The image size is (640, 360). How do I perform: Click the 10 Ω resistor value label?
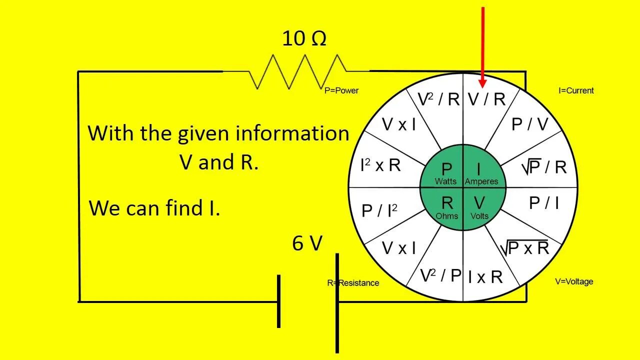point(304,38)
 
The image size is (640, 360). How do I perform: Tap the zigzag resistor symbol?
point(297,71)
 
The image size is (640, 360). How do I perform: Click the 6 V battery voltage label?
point(307,243)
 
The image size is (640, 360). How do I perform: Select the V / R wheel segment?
point(486,99)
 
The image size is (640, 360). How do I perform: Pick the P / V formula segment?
point(529,124)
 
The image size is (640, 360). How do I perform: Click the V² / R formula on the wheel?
point(438,99)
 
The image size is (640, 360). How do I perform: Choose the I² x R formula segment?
point(380,165)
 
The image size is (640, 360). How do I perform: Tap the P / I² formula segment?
point(379,210)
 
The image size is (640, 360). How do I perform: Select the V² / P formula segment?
point(440,275)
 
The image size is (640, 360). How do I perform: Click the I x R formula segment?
point(485,276)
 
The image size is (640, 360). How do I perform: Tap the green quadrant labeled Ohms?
point(446,206)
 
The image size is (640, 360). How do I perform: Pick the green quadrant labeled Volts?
point(479,206)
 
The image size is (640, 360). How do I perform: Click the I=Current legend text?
point(576,90)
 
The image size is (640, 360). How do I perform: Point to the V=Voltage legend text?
point(574,281)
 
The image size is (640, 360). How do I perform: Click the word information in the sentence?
point(292,133)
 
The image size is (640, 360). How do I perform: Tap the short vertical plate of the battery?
point(278,301)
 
